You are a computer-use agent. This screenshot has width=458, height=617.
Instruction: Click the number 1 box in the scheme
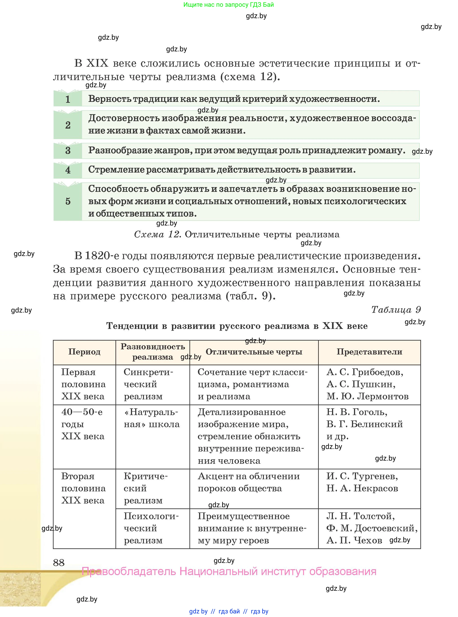(68, 99)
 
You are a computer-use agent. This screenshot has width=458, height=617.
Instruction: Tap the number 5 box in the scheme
(68, 201)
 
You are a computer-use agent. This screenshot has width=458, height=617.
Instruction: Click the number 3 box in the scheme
(68, 151)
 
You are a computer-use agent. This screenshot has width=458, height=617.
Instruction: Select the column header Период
(84, 352)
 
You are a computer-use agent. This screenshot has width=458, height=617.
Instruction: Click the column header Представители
(369, 352)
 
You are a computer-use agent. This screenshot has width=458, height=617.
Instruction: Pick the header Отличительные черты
(254, 352)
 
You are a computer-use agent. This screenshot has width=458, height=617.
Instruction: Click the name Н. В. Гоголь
(357, 412)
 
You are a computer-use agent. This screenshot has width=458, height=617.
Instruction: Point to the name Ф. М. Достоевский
(371, 528)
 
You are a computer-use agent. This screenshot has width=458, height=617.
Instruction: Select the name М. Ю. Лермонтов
(367, 396)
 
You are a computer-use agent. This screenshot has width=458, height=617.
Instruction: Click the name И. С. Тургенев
(362, 476)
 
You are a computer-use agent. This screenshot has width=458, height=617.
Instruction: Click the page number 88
(59, 563)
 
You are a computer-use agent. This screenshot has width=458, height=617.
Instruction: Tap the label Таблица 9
(396, 310)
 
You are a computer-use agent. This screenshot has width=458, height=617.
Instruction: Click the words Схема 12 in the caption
(157, 234)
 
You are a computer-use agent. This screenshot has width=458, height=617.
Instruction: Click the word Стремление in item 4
(116, 170)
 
